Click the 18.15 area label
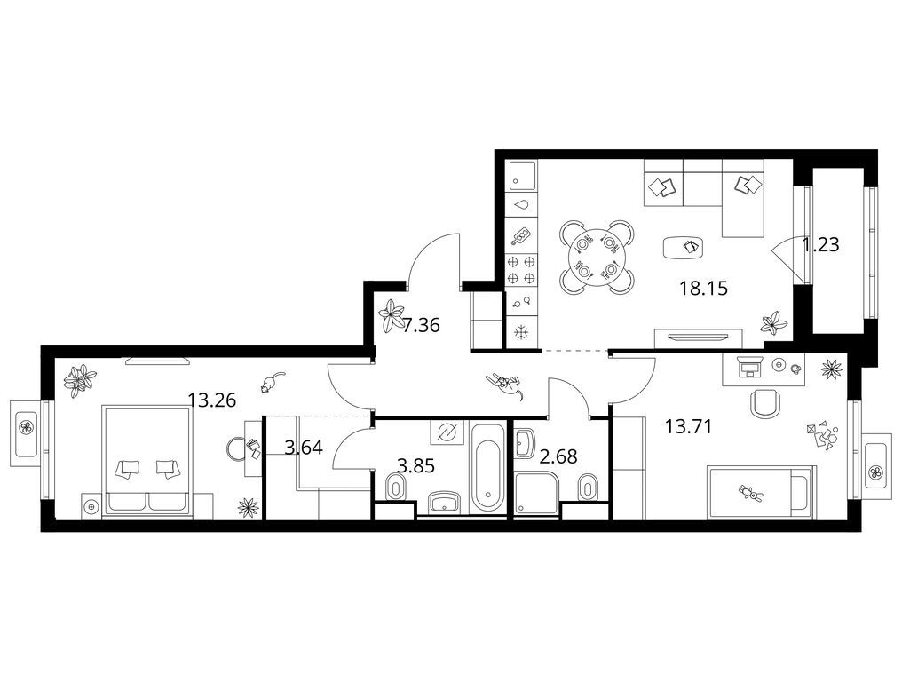tap(703, 288)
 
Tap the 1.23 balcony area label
tap(821, 245)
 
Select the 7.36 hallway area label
tap(421, 326)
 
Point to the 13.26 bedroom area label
tap(212, 400)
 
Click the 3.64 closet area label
tap(304, 447)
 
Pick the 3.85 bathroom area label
tap(415, 465)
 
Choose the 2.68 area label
tap(558, 457)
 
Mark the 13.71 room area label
tap(689, 426)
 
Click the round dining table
tap(597, 257)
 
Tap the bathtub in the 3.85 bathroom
tap(487, 467)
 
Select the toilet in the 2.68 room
tap(587, 488)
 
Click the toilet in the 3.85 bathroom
tap(394, 488)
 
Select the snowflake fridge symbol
tap(521, 333)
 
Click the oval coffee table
tap(684, 248)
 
